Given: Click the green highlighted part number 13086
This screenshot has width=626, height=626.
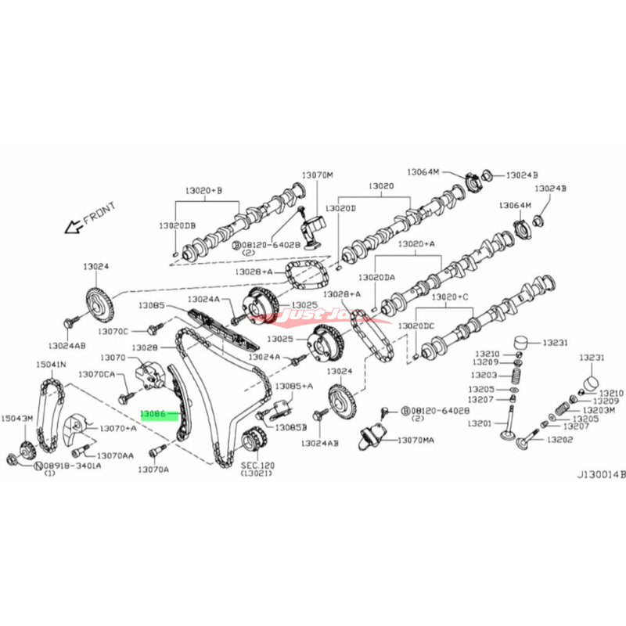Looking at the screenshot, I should coord(153,408).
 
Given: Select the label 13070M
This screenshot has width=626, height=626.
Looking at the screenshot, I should coord(317,174).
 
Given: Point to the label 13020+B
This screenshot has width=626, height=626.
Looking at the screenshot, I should coord(203,190).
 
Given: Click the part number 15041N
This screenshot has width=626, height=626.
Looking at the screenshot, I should coord(51,365).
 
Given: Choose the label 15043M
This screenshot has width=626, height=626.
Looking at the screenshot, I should coord(16,418).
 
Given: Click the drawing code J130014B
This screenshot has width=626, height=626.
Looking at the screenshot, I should coord(602,473).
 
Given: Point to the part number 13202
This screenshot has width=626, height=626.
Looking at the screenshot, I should coord(561,441).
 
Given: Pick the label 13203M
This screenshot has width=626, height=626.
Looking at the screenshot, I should coord(599,410).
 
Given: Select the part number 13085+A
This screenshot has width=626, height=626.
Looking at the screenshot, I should coord(296,386).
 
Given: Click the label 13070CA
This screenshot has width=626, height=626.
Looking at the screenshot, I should coord(96,375).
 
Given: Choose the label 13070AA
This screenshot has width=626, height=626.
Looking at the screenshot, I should coord(114,455).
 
